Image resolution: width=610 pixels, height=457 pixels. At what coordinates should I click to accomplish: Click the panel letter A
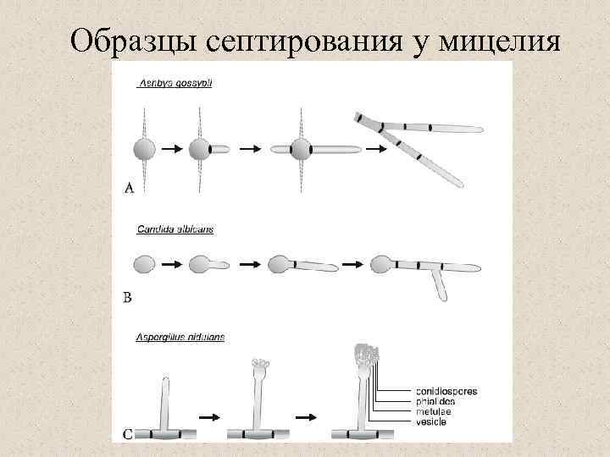(129, 189)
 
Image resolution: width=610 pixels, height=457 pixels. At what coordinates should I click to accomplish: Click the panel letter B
(128, 297)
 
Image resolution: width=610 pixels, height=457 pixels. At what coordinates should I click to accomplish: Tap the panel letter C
(128, 435)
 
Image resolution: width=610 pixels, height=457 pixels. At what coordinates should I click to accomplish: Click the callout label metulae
(435, 412)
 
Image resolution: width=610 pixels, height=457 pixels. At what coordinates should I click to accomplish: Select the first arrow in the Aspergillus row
(208, 418)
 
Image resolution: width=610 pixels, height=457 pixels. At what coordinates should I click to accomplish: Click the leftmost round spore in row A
(145, 150)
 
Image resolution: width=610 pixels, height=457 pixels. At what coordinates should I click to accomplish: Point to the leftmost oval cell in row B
(145, 264)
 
